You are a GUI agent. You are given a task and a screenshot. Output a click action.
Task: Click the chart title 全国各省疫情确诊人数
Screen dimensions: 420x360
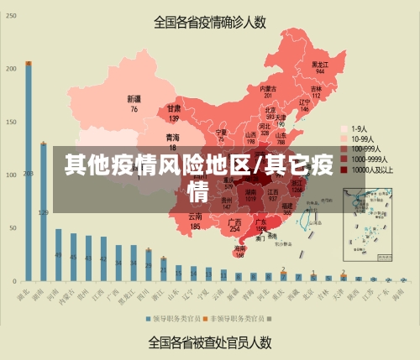[211, 22]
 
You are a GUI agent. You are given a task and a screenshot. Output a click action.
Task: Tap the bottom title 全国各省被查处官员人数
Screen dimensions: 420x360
[210, 342]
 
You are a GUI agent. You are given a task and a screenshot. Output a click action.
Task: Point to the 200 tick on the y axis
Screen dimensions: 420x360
[11, 69]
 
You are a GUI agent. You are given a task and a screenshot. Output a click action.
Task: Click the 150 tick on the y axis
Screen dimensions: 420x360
[11, 122]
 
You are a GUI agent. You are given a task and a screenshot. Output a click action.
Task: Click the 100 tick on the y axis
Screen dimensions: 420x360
[11, 175]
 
